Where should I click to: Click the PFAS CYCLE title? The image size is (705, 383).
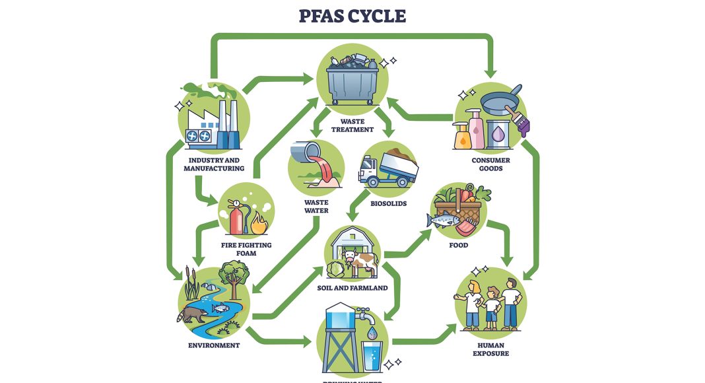pos(352,17)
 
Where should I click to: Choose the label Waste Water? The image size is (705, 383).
pos(316,207)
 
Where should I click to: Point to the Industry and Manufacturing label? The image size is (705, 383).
pos(214,164)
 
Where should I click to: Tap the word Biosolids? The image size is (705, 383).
pos(388,203)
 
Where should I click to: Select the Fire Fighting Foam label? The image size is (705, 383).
pos(246,249)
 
